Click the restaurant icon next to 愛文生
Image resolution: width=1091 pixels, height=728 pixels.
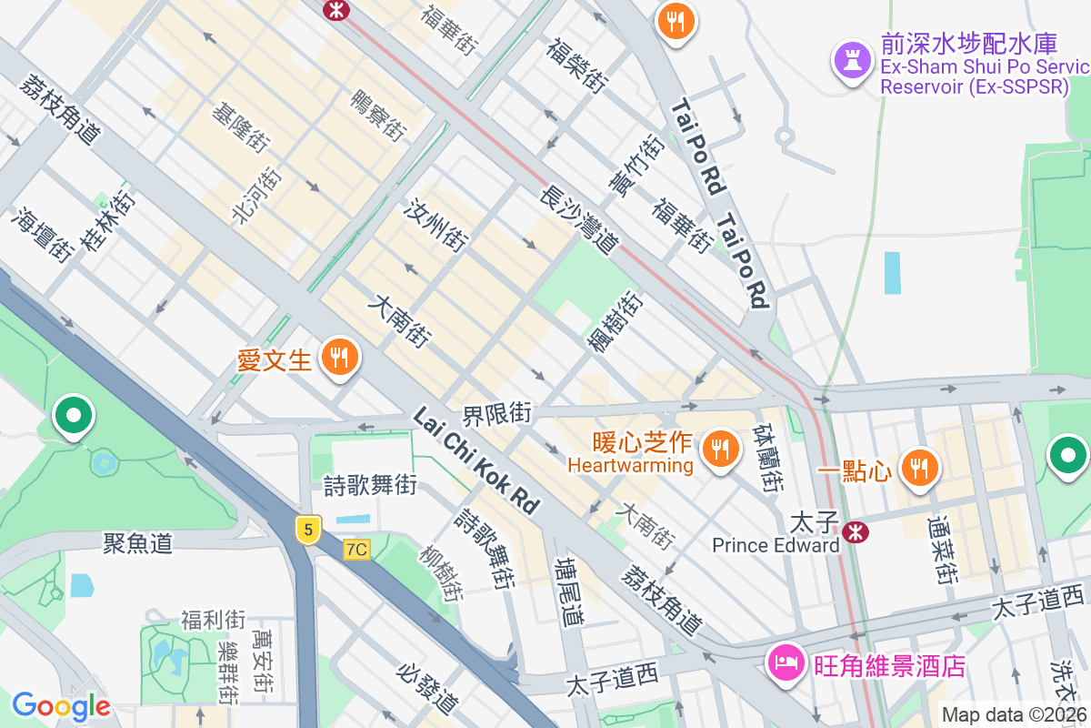click(x=340, y=356)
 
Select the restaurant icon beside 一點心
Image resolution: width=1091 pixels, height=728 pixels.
click(x=919, y=468)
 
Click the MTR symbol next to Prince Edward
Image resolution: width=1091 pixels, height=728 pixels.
click(x=855, y=532)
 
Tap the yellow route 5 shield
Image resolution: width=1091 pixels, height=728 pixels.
click(x=309, y=530)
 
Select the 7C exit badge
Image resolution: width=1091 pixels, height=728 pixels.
click(x=357, y=550)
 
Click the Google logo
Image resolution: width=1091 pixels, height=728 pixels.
click(x=61, y=705)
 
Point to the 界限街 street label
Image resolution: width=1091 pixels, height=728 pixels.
click(x=496, y=414)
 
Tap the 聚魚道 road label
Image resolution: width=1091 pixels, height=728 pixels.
click(x=137, y=544)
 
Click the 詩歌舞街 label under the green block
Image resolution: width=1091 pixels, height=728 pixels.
click(x=370, y=485)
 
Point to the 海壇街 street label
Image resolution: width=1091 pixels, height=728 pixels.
click(x=44, y=235)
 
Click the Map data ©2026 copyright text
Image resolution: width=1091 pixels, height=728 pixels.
click(x=1014, y=714)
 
